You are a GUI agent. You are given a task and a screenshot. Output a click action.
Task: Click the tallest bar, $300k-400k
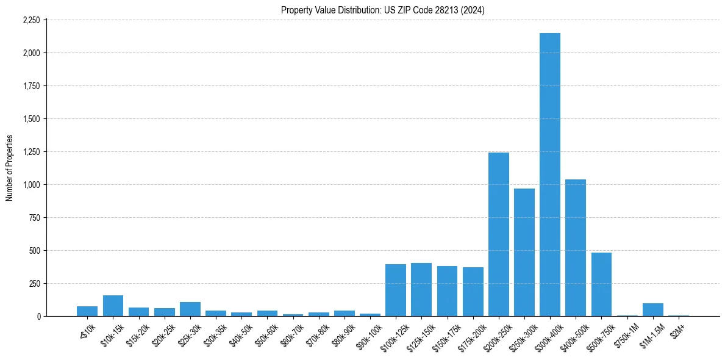point(550,175)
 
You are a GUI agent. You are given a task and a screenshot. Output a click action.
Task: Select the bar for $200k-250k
point(498,234)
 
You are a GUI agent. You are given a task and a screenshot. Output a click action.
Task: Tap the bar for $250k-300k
point(524,252)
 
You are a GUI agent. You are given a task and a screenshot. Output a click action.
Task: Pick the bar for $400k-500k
point(576,248)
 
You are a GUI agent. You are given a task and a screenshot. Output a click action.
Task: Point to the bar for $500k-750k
point(601,284)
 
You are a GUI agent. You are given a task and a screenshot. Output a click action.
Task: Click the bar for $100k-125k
point(396,290)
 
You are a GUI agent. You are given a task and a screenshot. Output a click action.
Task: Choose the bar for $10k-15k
point(113,306)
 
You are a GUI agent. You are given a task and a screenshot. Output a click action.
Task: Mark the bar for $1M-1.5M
point(653,310)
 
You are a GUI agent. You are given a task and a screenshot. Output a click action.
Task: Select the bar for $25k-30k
point(190,309)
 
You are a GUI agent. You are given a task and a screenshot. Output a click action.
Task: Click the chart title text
point(383,10)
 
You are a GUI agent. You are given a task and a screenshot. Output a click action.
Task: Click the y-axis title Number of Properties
point(10,168)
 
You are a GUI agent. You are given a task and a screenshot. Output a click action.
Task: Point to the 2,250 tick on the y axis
point(30,20)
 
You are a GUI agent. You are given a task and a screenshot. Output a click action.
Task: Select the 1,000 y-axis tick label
point(30,185)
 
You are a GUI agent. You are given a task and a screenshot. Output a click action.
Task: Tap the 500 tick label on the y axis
point(34,251)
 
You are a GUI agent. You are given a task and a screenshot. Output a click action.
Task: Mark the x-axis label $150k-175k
point(446,334)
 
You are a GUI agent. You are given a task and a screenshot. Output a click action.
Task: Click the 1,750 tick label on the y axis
point(30,86)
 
